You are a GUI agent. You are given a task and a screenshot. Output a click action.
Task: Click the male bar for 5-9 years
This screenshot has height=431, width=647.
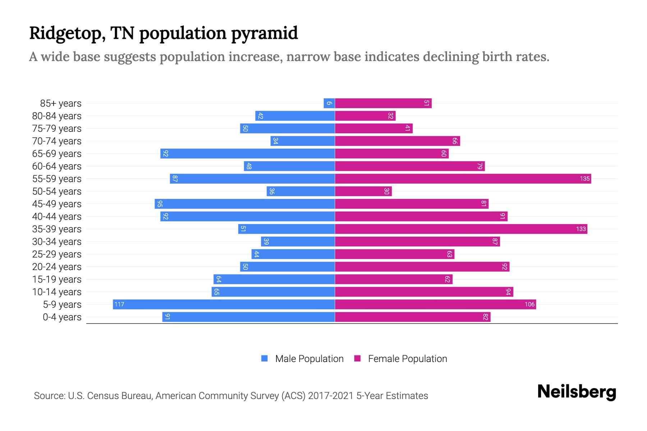tap(224, 304)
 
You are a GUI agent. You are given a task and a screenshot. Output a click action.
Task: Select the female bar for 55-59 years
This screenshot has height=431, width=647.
tap(463, 179)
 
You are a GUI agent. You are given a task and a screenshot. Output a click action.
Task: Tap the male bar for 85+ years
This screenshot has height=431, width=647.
tap(329, 103)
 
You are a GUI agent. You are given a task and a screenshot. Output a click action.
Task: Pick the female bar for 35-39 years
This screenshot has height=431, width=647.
tap(461, 229)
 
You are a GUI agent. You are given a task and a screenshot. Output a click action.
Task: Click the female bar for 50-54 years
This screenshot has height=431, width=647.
tap(363, 191)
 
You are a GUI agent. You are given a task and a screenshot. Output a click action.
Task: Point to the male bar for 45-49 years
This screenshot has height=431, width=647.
tap(244, 204)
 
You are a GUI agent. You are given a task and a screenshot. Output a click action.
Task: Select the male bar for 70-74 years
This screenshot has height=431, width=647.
tap(303, 141)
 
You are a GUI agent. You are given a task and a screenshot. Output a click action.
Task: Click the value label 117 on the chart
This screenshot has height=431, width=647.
tap(119, 305)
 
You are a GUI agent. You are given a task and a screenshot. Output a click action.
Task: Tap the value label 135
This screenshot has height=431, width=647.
tap(584, 179)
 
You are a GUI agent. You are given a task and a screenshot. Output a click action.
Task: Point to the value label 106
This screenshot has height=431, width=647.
tap(529, 305)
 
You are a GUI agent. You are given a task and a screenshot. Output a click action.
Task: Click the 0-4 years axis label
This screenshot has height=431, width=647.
tap(62, 317)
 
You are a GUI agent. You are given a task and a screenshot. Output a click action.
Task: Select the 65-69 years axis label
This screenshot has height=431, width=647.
tap(57, 154)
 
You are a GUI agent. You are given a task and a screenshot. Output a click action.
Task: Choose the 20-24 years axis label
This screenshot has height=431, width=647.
tap(57, 267)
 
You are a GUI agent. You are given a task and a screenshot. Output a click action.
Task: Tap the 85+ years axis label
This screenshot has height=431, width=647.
tap(61, 103)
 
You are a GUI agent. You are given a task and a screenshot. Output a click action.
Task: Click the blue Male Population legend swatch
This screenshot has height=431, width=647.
tap(265, 358)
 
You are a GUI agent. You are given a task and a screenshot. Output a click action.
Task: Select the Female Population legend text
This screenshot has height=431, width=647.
tap(407, 359)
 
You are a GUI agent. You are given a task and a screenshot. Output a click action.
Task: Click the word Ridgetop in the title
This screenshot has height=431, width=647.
tap(67, 33)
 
